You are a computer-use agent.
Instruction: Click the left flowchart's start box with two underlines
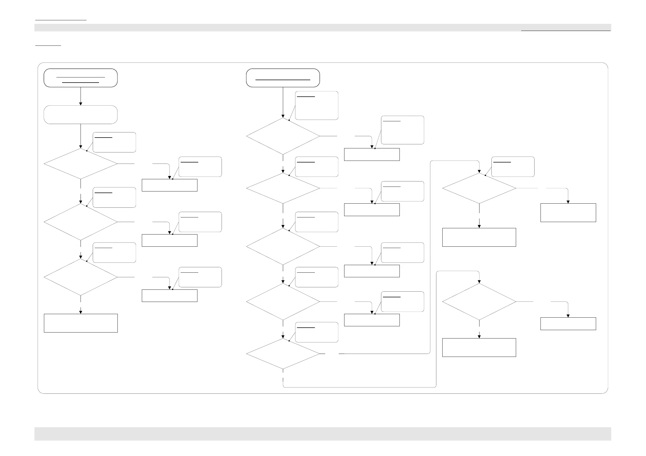[x=81, y=78]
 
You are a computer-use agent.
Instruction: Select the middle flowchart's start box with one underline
[x=283, y=78]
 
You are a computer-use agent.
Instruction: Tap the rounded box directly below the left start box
[x=81, y=115]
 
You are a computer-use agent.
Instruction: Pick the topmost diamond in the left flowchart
[x=81, y=164]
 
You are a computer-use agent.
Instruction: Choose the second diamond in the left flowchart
[x=81, y=222]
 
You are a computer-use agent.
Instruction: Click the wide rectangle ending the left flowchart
[x=81, y=323]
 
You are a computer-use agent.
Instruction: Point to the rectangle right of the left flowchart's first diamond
[x=170, y=185]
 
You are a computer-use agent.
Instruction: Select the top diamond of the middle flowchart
[x=283, y=136]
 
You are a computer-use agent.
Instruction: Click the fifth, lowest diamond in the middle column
[x=283, y=354]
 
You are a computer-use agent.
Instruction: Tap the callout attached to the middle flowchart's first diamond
[x=316, y=105]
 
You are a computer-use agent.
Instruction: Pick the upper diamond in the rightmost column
[x=479, y=188]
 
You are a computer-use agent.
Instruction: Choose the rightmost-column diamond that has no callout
[x=479, y=301]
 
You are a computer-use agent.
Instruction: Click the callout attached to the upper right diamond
[x=513, y=167]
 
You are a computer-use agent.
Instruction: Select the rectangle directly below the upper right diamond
[x=479, y=237]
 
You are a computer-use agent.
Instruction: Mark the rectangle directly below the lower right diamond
[x=479, y=347]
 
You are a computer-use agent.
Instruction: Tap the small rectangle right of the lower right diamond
[x=568, y=324]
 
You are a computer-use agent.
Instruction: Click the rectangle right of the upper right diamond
[x=568, y=213]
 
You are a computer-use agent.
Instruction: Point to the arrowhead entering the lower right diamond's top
[x=479, y=282]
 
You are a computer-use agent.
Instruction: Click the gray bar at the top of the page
[x=322, y=28]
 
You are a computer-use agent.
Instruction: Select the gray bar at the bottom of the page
[x=322, y=434]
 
